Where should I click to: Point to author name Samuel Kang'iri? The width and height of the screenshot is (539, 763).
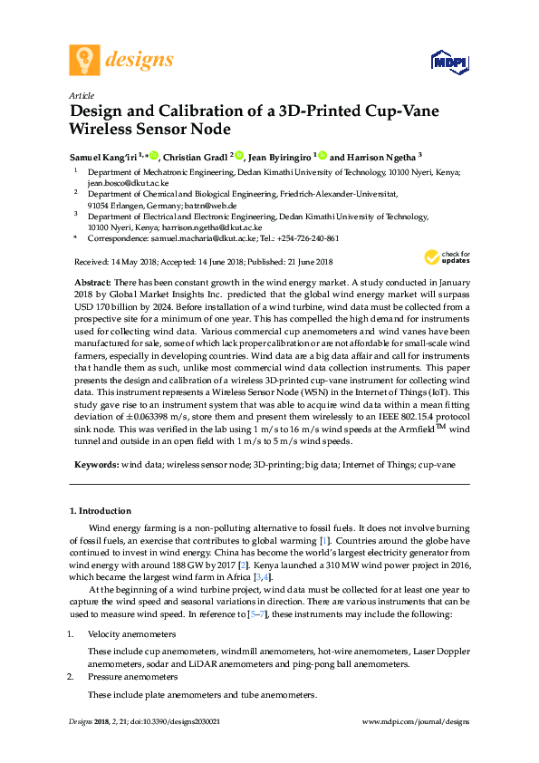pos(104,156)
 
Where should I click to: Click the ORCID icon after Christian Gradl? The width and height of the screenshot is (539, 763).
pos(240,156)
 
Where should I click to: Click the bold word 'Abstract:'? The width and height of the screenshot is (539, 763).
pos(91,283)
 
